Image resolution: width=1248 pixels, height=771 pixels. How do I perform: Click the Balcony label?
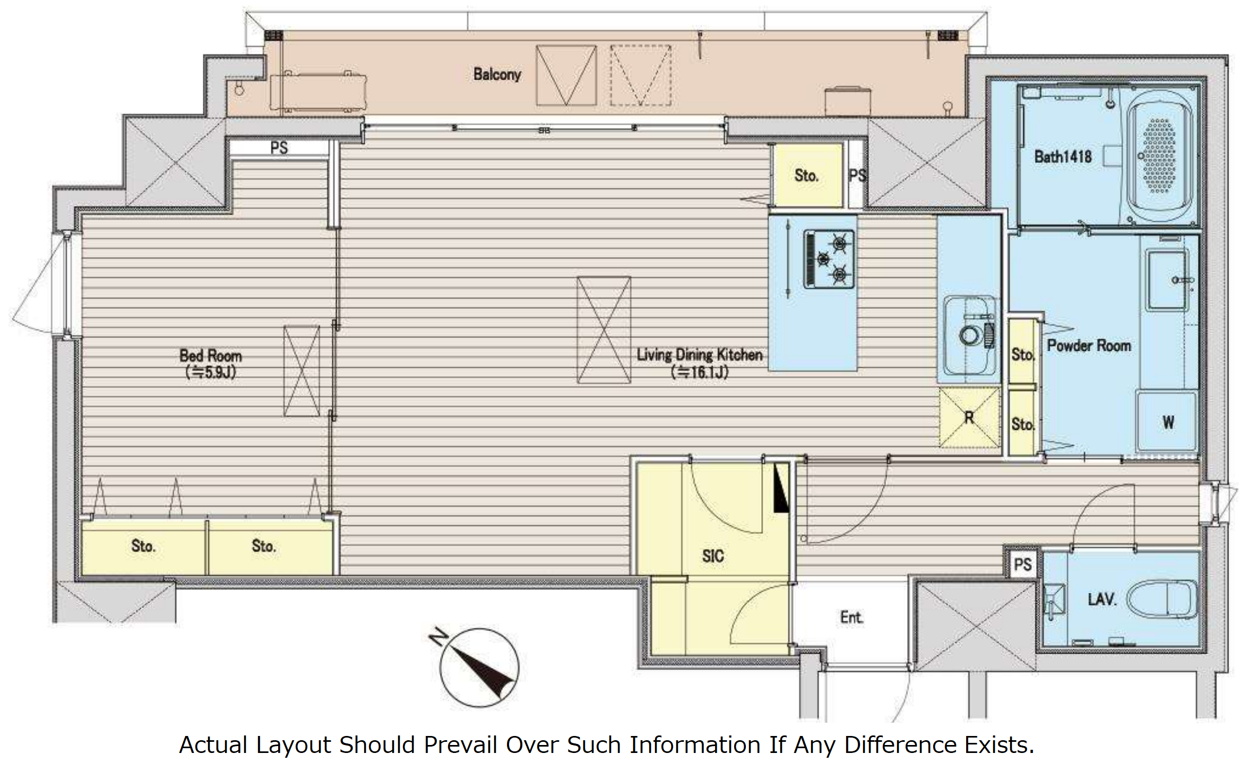497,74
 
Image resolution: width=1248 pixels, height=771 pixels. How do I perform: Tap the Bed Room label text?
211,356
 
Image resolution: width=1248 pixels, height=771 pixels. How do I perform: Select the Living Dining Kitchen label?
700,354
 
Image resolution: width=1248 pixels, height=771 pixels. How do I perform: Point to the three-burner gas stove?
829,259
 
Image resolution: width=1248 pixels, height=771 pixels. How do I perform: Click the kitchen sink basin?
969,336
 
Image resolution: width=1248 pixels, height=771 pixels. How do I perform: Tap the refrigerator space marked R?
969,418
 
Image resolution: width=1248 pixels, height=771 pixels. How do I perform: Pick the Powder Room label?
1088,345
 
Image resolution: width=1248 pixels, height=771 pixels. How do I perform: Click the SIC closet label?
712,556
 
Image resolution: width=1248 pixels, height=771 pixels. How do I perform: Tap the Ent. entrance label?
851,617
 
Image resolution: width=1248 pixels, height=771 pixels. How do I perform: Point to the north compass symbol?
479,667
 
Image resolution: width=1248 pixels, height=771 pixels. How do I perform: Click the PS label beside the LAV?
1022,564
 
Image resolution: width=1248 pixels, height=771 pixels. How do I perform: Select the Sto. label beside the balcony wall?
806,176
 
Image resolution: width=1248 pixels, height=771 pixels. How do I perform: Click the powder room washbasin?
1167,281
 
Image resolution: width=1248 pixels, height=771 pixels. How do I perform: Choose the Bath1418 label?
1063,157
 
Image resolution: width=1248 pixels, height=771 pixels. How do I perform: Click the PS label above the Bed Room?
279,148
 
